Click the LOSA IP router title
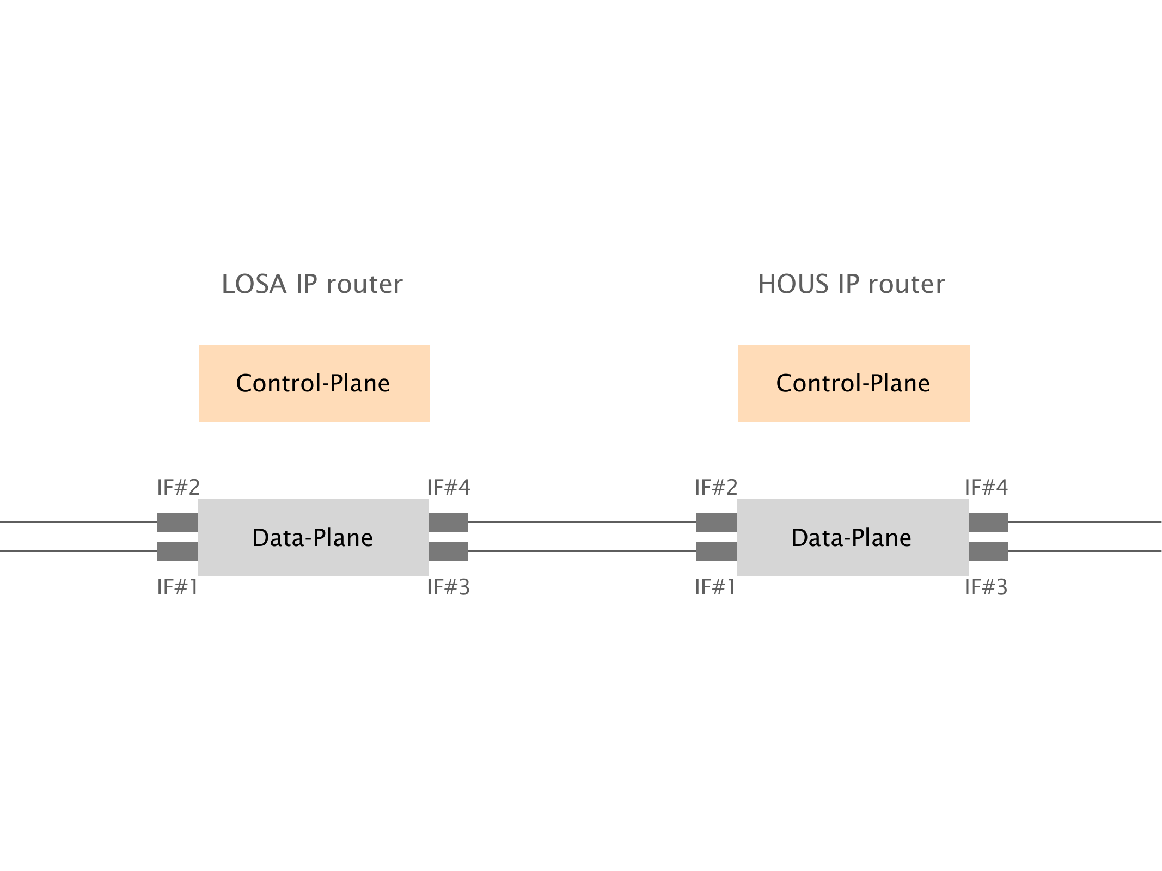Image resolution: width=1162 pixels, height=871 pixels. click(x=312, y=284)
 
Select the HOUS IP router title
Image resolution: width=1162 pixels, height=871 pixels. click(x=851, y=284)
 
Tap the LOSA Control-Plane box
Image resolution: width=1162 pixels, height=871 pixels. click(x=314, y=383)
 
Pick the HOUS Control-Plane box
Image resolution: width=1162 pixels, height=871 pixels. click(x=853, y=383)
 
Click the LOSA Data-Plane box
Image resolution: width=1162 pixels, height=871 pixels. click(x=313, y=537)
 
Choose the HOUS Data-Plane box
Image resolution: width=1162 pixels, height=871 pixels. click(x=852, y=537)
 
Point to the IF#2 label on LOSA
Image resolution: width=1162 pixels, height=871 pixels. click(x=178, y=487)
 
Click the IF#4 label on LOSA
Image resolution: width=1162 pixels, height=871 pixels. click(x=448, y=487)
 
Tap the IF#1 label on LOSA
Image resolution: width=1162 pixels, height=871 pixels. click(x=177, y=587)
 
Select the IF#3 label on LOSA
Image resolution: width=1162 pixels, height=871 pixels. click(x=448, y=587)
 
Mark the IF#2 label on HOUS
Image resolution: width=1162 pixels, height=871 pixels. click(x=716, y=487)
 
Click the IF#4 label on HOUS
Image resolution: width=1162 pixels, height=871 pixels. click(x=986, y=487)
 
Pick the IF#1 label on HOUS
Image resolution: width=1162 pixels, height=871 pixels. click(x=715, y=587)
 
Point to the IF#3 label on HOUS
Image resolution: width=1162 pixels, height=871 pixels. click(x=986, y=587)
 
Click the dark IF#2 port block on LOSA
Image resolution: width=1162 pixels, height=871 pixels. click(x=177, y=522)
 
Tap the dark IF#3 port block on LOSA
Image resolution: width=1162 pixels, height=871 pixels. click(x=448, y=551)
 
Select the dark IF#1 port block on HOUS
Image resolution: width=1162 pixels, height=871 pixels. click(x=717, y=551)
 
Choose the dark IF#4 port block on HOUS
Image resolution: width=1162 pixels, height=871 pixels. click(x=988, y=522)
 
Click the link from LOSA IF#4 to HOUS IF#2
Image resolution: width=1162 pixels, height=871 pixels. click(x=582, y=522)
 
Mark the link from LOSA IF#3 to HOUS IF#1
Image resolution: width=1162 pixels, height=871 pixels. click(x=582, y=551)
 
